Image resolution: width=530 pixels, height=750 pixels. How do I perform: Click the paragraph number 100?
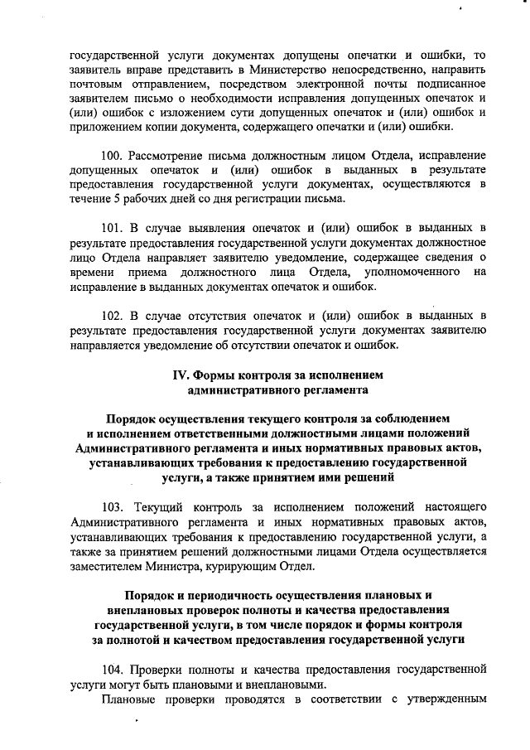pos(113,155)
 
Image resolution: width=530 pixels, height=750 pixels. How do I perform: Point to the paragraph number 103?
pos(113,506)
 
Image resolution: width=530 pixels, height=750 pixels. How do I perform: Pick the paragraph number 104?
pos(113,667)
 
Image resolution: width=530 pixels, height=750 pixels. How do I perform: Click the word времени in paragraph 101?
pos(94,272)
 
